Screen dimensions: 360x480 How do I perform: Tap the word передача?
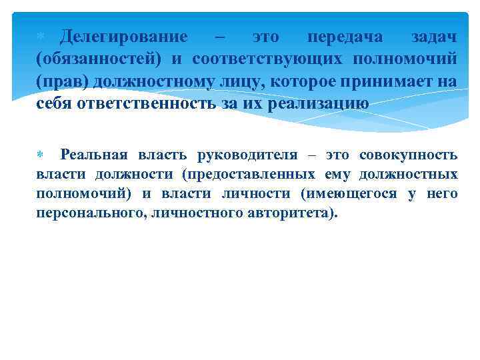345,37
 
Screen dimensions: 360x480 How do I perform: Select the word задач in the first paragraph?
435,37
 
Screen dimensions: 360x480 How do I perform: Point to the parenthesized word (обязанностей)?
99,59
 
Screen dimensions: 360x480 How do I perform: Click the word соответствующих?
267,59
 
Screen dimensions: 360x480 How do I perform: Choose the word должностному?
169,81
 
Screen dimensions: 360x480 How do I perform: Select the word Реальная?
95,155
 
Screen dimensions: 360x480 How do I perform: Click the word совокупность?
408,155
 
